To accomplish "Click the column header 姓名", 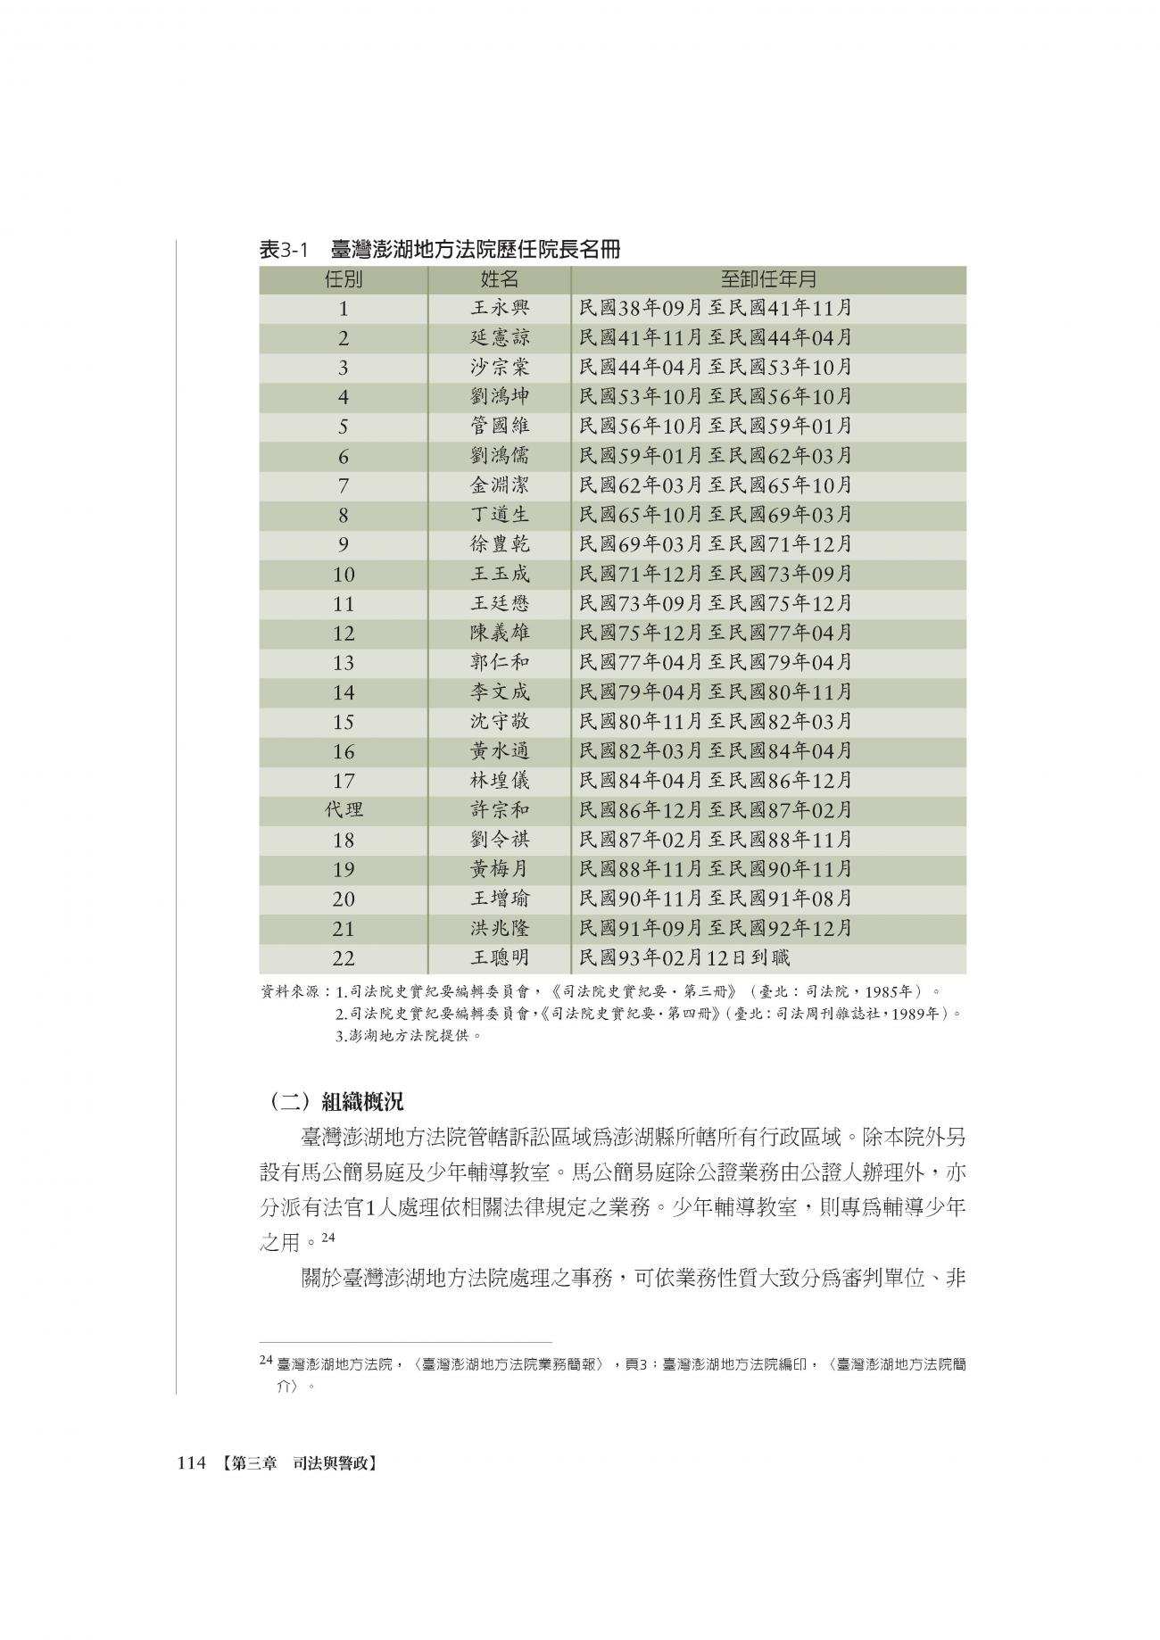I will coord(500,279).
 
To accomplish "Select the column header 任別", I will coord(344,279).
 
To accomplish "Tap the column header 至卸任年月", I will coord(768,279).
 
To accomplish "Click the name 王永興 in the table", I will coord(500,309).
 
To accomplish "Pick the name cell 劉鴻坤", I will coord(500,397).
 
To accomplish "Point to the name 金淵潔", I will coord(500,485).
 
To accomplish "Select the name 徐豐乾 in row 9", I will coord(500,544).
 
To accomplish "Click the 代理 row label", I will coord(344,810).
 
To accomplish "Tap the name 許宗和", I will coord(500,810).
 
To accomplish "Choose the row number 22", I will coord(344,958).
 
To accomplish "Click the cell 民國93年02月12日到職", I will coord(684,958).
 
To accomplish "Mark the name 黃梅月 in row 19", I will coord(500,869).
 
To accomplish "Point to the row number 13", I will coord(344,663).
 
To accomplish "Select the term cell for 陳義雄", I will coord(716,634).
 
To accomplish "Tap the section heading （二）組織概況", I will coord(336,1102).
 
